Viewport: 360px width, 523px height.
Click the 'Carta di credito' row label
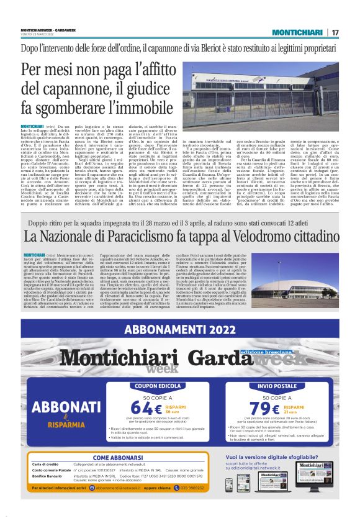pos(45,465)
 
